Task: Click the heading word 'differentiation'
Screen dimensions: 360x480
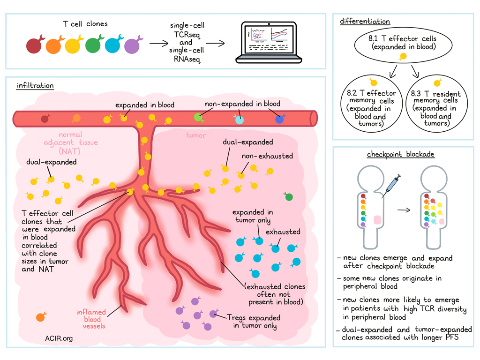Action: coord(365,22)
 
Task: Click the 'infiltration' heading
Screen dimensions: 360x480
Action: coord(35,86)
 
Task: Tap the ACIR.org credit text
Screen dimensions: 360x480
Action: coord(60,338)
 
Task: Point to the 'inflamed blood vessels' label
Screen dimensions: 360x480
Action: coord(92,319)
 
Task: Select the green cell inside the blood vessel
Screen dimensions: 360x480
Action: coord(199,116)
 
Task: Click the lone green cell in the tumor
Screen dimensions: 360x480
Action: coord(289,197)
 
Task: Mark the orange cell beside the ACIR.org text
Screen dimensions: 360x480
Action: coord(41,317)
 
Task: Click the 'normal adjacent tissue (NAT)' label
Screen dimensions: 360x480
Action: coord(77,142)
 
